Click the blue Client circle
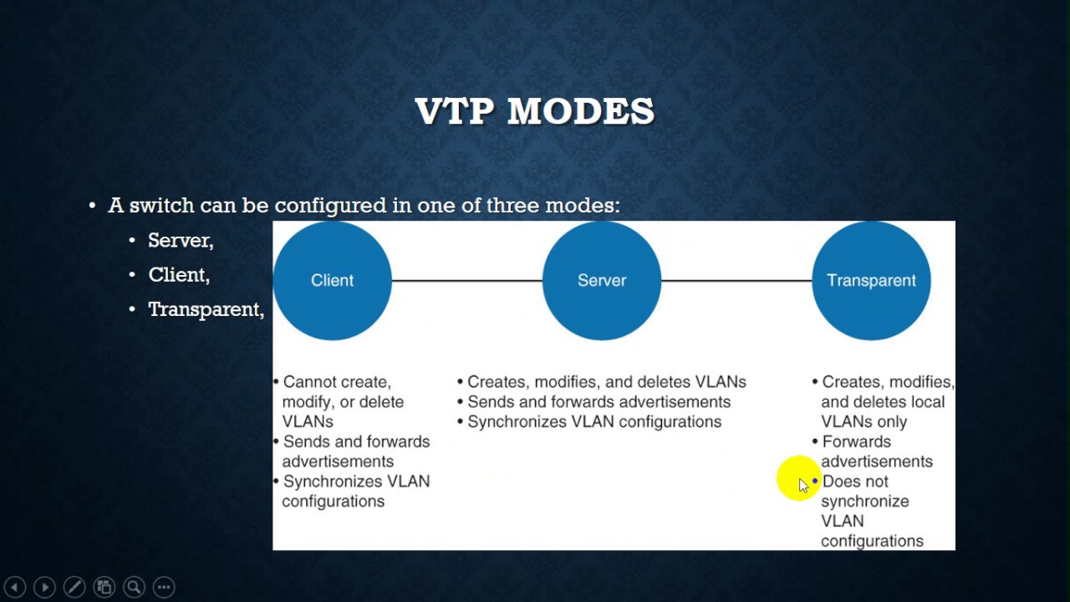click(x=332, y=280)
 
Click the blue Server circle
click(x=602, y=280)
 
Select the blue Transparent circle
click(x=871, y=280)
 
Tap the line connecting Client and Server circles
click(x=466, y=280)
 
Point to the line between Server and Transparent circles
click(x=736, y=280)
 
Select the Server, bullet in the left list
click(x=181, y=241)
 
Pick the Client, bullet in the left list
click(x=179, y=275)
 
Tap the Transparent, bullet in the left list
click(x=206, y=309)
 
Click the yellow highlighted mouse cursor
click(x=798, y=480)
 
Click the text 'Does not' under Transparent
click(x=855, y=482)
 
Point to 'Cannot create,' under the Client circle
click(x=337, y=382)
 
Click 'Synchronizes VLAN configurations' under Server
click(x=594, y=422)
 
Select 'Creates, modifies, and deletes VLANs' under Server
click(x=606, y=382)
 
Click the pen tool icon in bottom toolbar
click(x=74, y=587)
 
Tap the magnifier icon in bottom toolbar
click(x=134, y=587)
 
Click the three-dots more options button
click(x=164, y=587)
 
